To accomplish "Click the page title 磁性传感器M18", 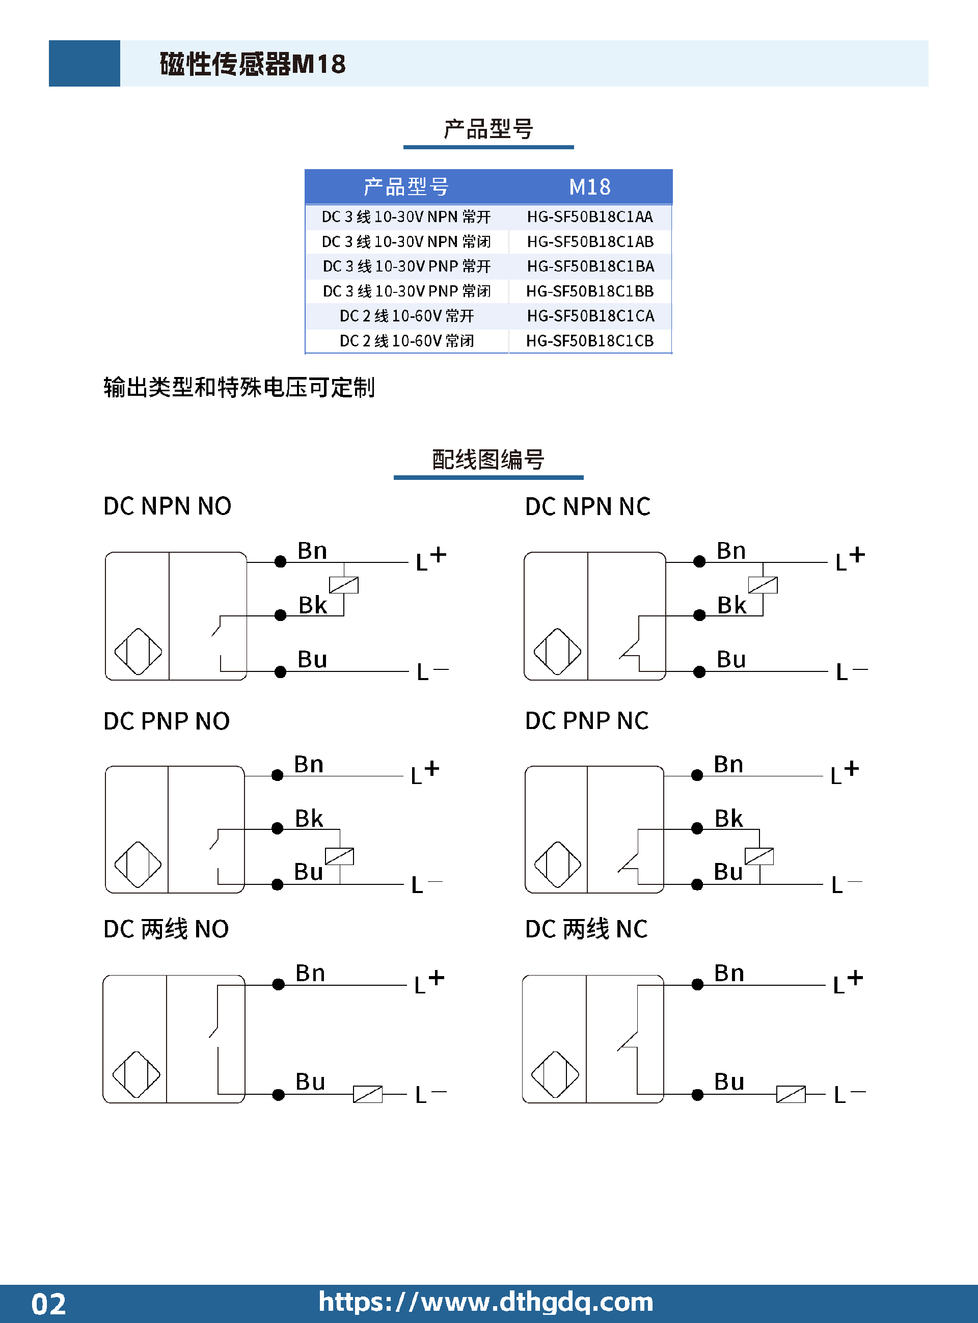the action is [x=253, y=64].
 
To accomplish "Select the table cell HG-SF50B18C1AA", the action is [x=590, y=217].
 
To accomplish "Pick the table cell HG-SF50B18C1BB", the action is [x=590, y=291].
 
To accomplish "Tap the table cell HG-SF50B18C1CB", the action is [x=590, y=341].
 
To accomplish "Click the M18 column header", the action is [x=590, y=187].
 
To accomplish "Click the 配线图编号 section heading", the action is [x=488, y=460].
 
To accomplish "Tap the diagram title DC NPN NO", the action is [x=167, y=506].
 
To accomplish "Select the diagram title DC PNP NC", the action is [x=587, y=721].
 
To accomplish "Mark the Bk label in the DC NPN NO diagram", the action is [x=313, y=605].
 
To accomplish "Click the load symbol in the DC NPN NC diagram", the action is [x=763, y=585].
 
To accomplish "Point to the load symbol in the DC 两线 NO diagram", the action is [x=368, y=1094].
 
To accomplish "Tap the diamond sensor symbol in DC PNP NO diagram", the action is [x=138, y=865].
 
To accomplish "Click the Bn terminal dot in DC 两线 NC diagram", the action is [x=697, y=984].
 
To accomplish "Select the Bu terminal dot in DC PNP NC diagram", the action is [x=697, y=884].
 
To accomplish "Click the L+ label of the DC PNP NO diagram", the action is [x=425, y=772].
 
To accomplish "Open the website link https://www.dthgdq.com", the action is [x=485, y=1302].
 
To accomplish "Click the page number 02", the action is [x=48, y=1304].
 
